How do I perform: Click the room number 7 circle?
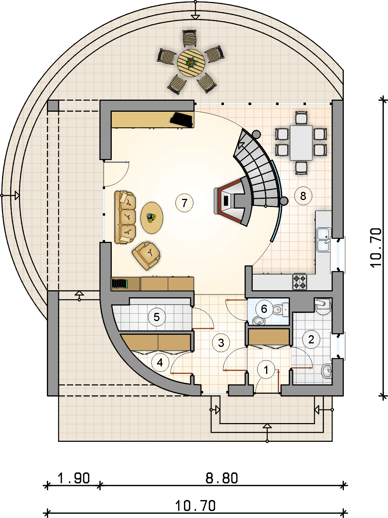184,203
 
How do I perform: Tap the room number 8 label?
303,196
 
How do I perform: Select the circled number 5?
157,317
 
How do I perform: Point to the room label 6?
264,309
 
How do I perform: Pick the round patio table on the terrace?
191,63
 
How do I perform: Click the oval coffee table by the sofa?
152,218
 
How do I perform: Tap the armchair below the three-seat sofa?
146,255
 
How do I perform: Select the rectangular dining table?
301,143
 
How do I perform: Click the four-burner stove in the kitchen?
300,282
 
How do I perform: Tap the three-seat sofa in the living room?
125,217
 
